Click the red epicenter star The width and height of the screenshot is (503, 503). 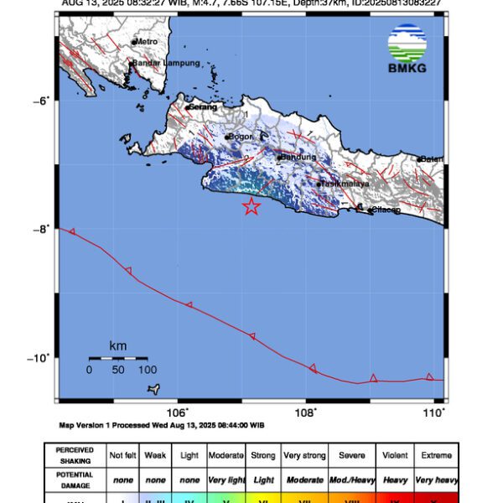(251, 206)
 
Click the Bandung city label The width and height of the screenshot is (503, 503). (298, 157)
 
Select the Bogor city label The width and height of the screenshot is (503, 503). (241, 137)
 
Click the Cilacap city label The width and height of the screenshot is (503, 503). (386, 210)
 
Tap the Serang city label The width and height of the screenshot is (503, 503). (203, 107)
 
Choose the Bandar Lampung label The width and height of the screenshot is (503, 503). (168, 63)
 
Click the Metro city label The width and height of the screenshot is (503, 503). (147, 41)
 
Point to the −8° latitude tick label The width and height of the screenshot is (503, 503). (43, 228)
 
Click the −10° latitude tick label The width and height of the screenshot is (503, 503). (41, 358)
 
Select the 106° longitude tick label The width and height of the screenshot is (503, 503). (177, 412)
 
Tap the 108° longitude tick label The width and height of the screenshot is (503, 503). (305, 412)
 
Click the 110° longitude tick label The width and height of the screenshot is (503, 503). (433, 412)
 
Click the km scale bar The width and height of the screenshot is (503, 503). (118, 359)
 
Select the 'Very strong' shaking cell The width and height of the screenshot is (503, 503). (303, 455)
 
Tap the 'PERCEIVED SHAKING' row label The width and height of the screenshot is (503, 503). (75, 455)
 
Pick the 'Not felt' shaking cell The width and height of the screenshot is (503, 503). (122, 455)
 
